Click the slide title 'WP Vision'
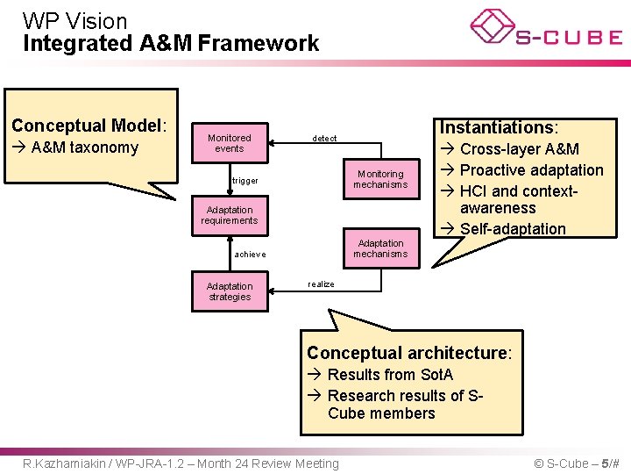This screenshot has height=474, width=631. point(74,20)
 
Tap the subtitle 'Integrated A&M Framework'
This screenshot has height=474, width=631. point(171,43)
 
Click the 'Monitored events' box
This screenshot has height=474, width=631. point(230,143)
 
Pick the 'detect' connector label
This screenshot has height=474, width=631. point(324,139)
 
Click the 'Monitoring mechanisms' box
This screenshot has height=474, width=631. point(380,179)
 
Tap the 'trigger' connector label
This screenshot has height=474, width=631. point(245,181)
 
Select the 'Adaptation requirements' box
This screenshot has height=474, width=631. point(230,215)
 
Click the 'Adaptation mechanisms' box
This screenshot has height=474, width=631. point(380,248)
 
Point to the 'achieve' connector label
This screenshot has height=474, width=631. point(250,255)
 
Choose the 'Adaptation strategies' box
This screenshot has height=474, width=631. point(230,291)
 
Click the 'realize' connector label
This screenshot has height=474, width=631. point(321,284)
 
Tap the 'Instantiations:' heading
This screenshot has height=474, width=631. point(499,127)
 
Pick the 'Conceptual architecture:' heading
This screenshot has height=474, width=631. point(408,353)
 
